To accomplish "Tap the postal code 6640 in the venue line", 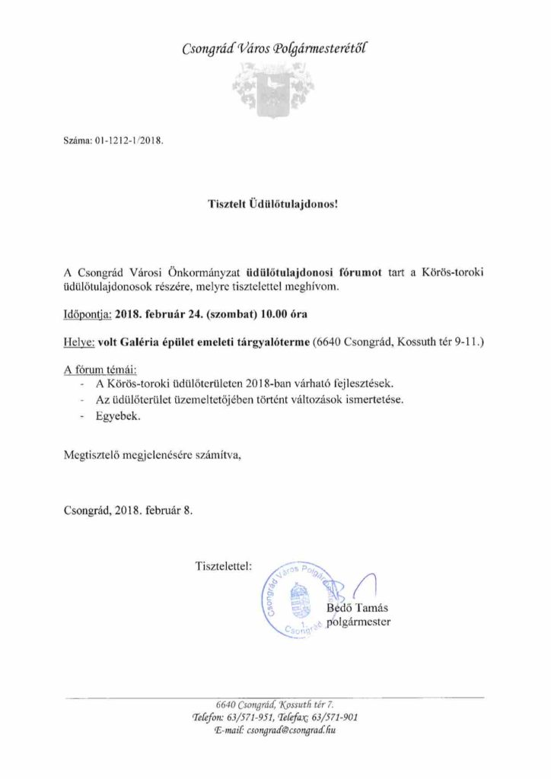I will pyautogui.click(x=330, y=343).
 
